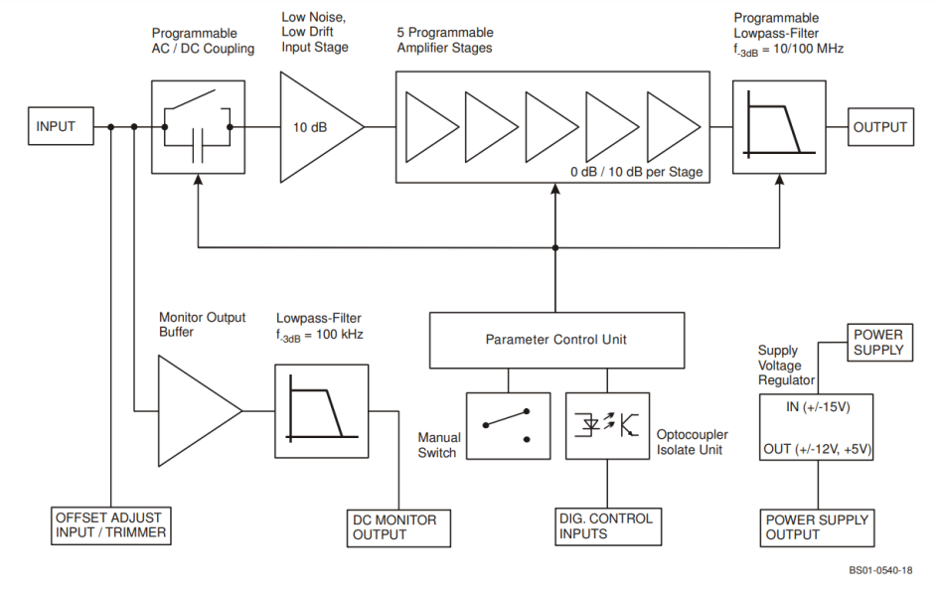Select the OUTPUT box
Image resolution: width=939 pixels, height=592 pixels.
coord(879,127)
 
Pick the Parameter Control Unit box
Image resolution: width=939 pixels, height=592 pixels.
coord(555,340)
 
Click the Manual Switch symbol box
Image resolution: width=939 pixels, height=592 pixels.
coord(507,425)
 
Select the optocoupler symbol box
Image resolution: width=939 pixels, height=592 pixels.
coord(606,425)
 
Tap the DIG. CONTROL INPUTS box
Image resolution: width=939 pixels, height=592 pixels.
coord(606,526)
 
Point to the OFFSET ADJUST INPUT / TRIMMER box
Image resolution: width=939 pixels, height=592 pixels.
coord(109,525)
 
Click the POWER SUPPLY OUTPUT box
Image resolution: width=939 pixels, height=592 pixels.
coord(816,526)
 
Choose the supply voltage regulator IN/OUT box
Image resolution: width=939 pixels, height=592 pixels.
coord(816,427)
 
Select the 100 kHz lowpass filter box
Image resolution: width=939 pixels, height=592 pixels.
coord(316,409)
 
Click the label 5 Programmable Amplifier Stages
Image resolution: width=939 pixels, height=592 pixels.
coord(444,40)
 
